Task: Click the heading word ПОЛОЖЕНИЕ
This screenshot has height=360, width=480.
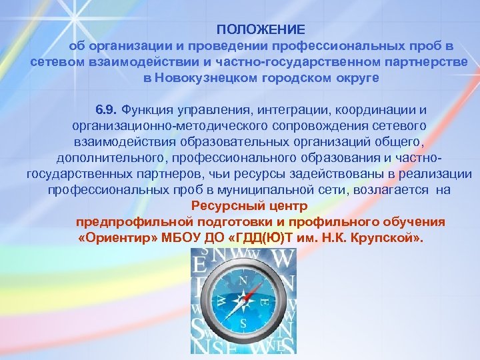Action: [x=261, y=30]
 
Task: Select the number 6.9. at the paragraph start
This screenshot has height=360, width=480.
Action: [x=106, y=109]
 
